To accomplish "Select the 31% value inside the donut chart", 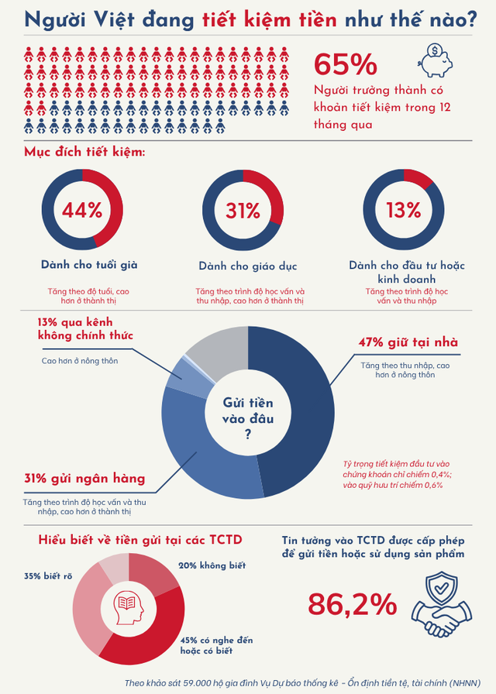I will click(243, 211).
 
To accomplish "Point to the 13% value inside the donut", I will click(403, 211).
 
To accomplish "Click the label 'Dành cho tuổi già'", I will click(89, 265).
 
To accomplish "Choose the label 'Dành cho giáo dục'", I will click(248, 266).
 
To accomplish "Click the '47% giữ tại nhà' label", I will click(408, 342).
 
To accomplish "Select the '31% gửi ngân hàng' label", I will click(84, 478).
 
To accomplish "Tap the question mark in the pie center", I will click(247, 435).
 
